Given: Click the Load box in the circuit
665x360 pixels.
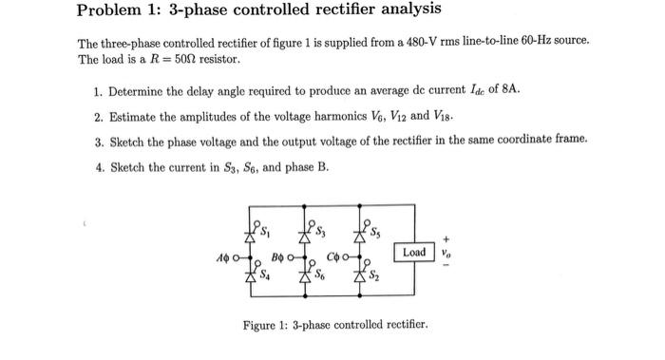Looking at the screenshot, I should click(x=414, y=253).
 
